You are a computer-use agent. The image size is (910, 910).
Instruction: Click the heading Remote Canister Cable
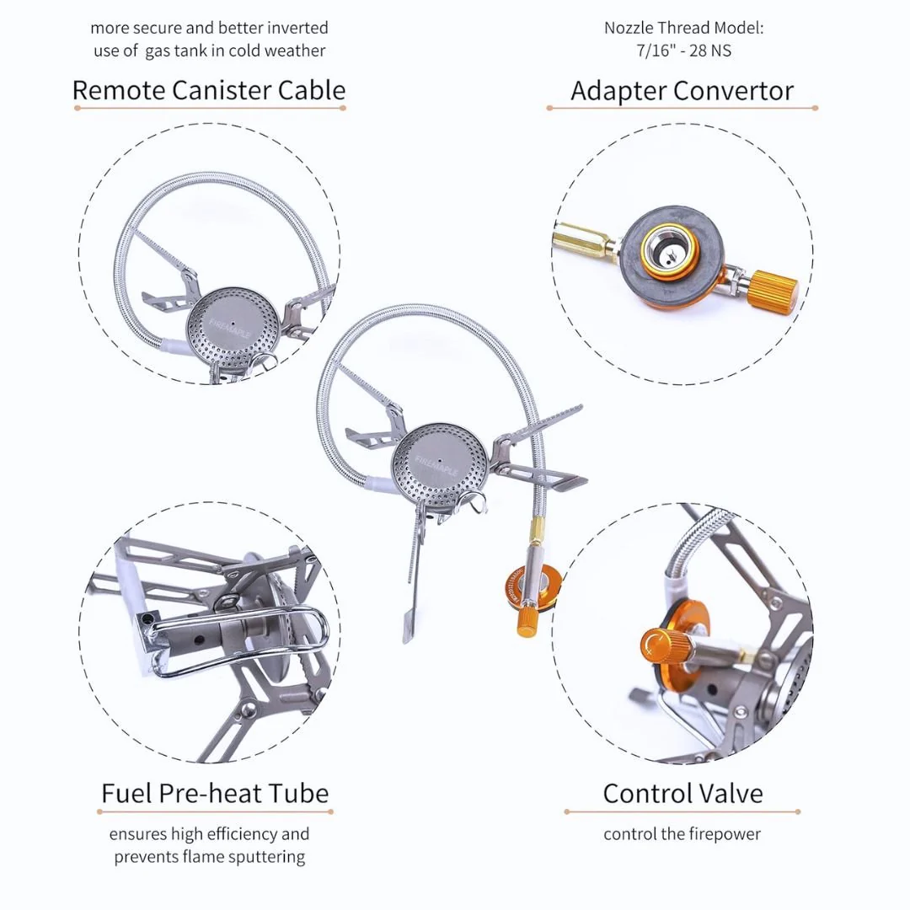[209, 90]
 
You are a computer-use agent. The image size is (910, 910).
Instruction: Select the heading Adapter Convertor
[682, 91]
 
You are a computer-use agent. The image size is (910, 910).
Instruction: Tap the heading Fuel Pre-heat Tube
[215, 793]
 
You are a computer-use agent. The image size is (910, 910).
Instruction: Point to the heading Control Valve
[682, 793]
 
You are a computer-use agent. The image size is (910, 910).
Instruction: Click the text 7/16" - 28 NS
[682, 51]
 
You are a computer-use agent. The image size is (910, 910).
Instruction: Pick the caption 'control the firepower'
[682, 834]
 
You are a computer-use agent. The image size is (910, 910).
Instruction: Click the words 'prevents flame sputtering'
[210, 857]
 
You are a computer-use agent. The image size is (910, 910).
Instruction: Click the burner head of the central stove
[439, 464]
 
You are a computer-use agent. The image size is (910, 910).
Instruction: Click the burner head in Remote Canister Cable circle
[232, 324]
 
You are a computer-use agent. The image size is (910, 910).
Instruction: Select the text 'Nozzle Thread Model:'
[682, 28]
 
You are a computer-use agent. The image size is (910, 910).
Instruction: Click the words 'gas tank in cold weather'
[235, 51]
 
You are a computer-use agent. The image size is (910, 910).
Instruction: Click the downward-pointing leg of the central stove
[412, 590]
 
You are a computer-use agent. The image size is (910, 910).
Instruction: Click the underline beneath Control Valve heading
[682, 812]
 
